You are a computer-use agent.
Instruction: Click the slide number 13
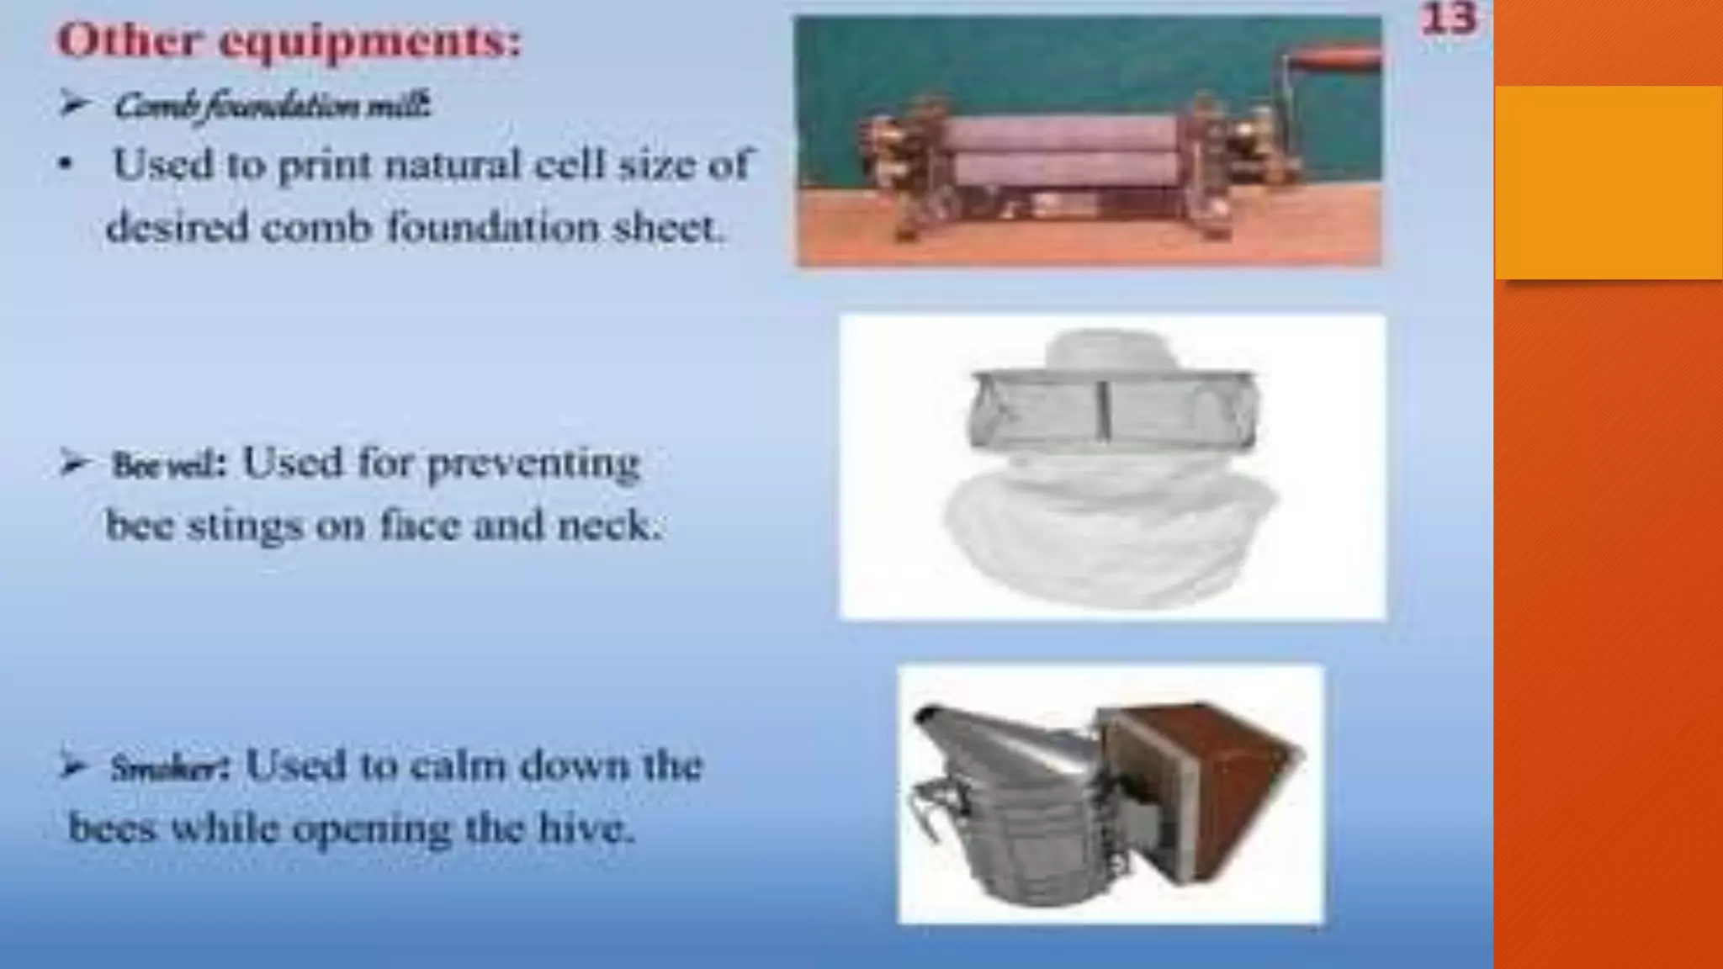point(1448,19)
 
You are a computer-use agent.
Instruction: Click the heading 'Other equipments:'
point(289,40)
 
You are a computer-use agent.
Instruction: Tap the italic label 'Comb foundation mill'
point(272,106)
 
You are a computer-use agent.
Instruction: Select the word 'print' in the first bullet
point(324,165)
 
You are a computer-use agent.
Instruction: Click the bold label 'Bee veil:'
point(168,465)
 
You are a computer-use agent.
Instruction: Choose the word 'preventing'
point(533,463)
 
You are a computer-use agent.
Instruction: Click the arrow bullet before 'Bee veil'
point(74,463)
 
